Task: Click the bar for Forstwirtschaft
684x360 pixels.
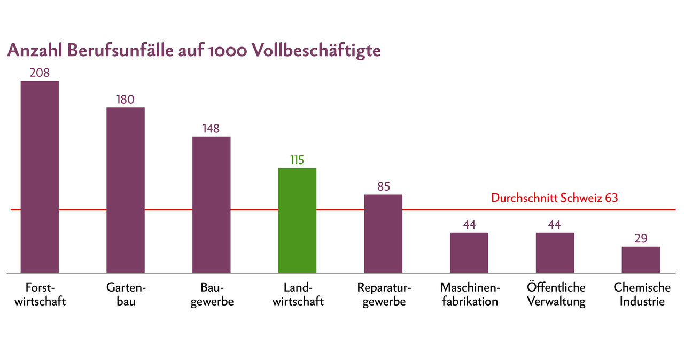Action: tap(40, 176)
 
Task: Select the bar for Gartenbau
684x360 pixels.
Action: tap(126, 190)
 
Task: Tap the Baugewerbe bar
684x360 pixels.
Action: tap(212, 205)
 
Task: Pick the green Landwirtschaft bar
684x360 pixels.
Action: tap(297, 220)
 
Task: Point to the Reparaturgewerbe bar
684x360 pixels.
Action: tap(383, 233)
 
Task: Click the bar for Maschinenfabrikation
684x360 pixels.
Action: tap(469, 253)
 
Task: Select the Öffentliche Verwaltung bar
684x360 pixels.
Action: tap(555, 253)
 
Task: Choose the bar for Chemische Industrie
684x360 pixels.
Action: tap(641, 260)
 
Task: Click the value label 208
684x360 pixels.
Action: tap(40, 73)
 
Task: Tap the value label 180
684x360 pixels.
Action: tap(126, 99)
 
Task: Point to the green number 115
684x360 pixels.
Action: tap(297, 160)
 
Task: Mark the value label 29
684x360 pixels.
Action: tap(641, 238)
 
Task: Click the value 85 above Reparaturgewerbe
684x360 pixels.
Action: tap(383, 186)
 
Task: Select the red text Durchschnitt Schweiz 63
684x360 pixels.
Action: tap(554, 198)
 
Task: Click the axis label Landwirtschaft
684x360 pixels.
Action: tap(298, 294)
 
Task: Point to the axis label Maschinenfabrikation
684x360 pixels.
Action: tap(470, 294)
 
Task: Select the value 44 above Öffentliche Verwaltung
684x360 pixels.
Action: tap(555, 225)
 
